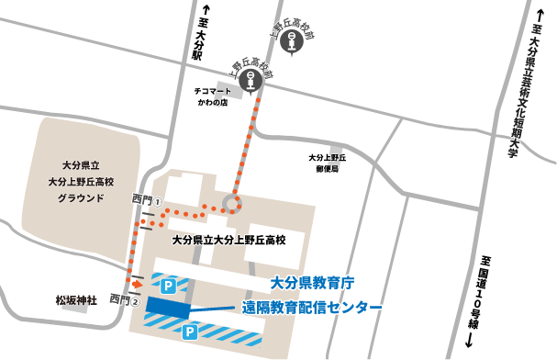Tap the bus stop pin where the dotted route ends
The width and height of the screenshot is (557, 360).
(251, 83)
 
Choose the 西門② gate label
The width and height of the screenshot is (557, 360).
(123, 299)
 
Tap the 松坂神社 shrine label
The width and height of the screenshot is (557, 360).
(75, 299)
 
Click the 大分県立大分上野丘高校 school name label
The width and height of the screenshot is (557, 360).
(229, 240)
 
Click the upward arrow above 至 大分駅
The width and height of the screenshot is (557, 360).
(196, 11)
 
